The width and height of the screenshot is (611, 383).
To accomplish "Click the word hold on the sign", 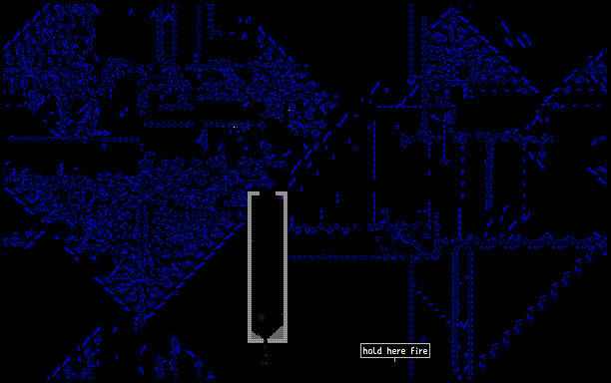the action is point(372,351).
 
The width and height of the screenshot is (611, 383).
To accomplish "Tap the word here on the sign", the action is point(396,351).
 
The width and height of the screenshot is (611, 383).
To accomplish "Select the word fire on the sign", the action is point(419,351).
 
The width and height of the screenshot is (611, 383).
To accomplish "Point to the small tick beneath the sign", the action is point(394,360).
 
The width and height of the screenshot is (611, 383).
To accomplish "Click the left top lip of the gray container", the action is point(254,193).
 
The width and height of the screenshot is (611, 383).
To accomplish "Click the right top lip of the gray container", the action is point(282,193).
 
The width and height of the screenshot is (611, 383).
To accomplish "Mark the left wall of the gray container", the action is point(250,268).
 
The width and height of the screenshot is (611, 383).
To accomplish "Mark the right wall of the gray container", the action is point(286,268).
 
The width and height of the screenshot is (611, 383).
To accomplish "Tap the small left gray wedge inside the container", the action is point(256,334).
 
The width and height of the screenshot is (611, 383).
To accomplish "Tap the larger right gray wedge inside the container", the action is point(278,333).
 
